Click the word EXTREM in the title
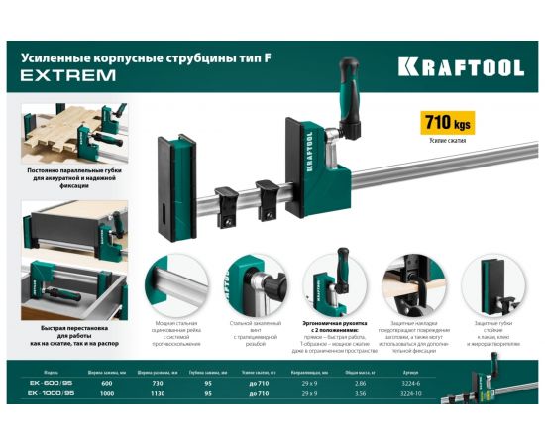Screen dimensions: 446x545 point(60,75)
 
